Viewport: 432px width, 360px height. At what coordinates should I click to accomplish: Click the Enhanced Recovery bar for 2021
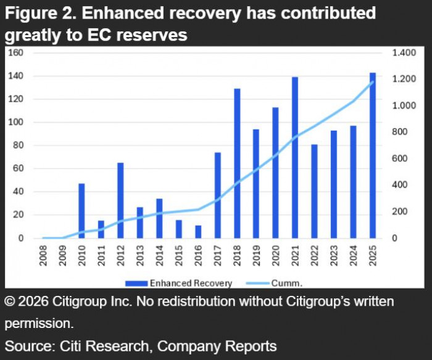[x=295, y=158]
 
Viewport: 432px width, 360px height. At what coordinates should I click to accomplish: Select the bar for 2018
[x=237, y=164]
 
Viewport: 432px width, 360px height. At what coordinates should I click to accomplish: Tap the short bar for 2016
[x=198, y=232]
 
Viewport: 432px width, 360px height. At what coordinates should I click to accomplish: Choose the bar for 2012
[x=120, y=200]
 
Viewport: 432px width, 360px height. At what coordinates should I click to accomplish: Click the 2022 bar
[x=315, y=191]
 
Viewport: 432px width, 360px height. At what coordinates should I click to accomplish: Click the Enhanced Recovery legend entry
[x=178, y=284]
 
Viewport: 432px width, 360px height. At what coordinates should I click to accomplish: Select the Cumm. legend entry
[x=290, y=284]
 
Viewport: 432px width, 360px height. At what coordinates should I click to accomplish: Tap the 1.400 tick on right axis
[x=405, y=53]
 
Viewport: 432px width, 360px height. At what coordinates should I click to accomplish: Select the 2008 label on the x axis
[x=43, y=256]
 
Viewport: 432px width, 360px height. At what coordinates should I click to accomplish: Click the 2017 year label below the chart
[x=218, y=256]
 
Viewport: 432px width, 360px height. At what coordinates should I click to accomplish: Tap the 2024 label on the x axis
[x=354, y=256]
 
